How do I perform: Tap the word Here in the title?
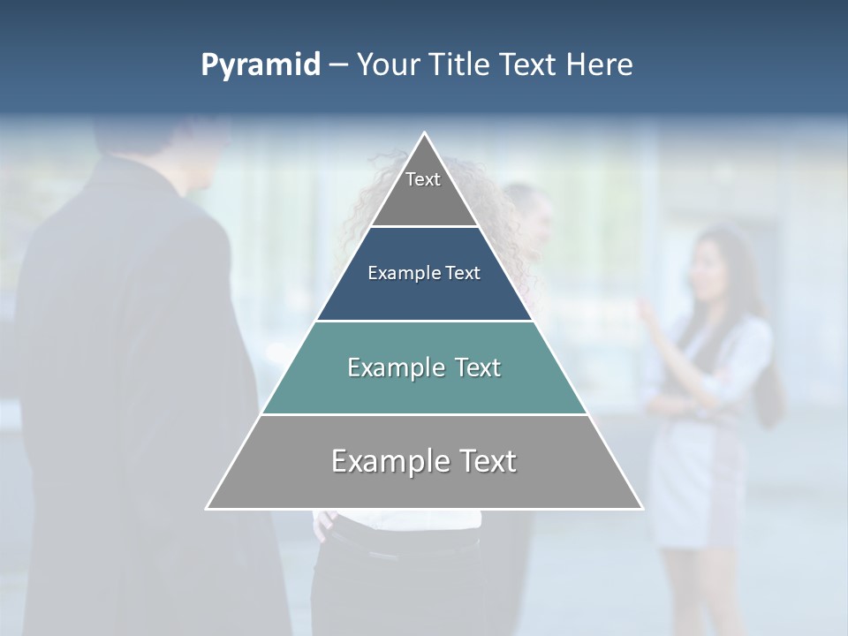(x=600, y=65)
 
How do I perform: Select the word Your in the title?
(x=388, y=65)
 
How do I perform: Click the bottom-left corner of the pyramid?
(x=208, y=508)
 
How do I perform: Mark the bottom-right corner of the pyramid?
(x=641, y=508)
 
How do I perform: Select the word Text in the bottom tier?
(x=481, y=461)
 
